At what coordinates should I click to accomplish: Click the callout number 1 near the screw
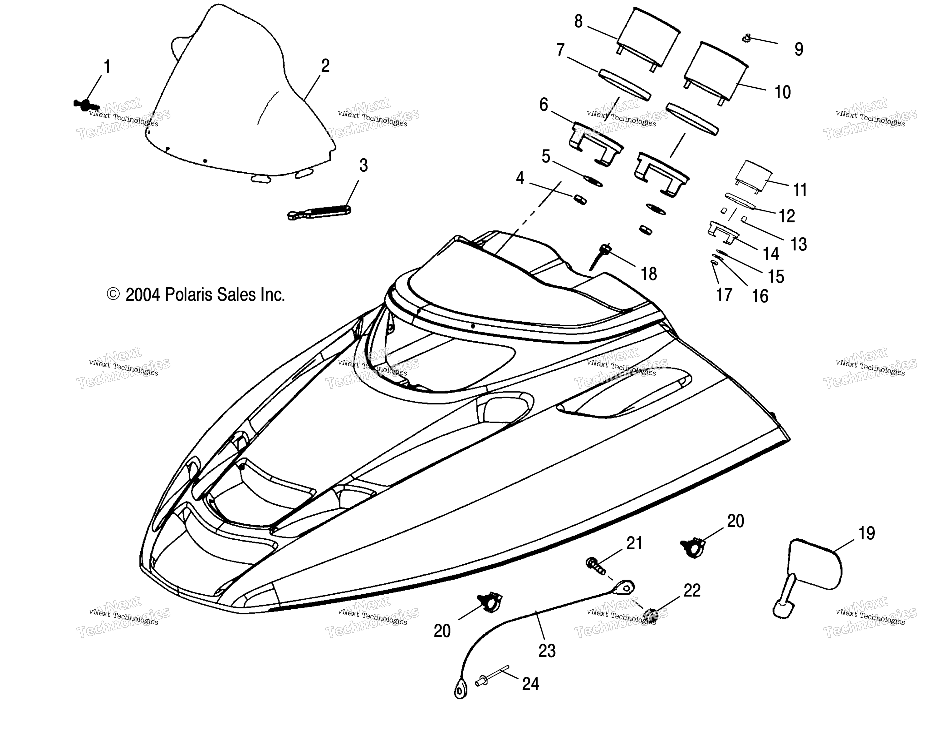107,67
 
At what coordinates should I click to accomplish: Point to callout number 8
579,21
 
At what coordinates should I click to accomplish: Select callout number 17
724,294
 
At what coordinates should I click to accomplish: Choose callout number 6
544,105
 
